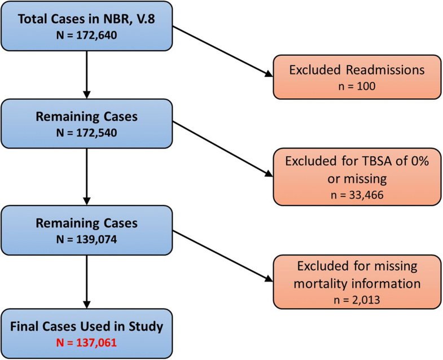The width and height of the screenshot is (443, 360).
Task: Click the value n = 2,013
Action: pyautogui.click(x=356, y=298)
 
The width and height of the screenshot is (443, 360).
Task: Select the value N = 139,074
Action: pyautogui.click(x=87, y=236)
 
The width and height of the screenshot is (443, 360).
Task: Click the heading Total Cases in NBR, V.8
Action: pyautogui.click(x=87, y=19)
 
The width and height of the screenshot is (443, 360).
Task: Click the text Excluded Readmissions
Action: pyautogui.click(x=356, y=71)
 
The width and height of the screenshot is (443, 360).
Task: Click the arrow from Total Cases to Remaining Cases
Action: pyautogui.click(x=87, y=73)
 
